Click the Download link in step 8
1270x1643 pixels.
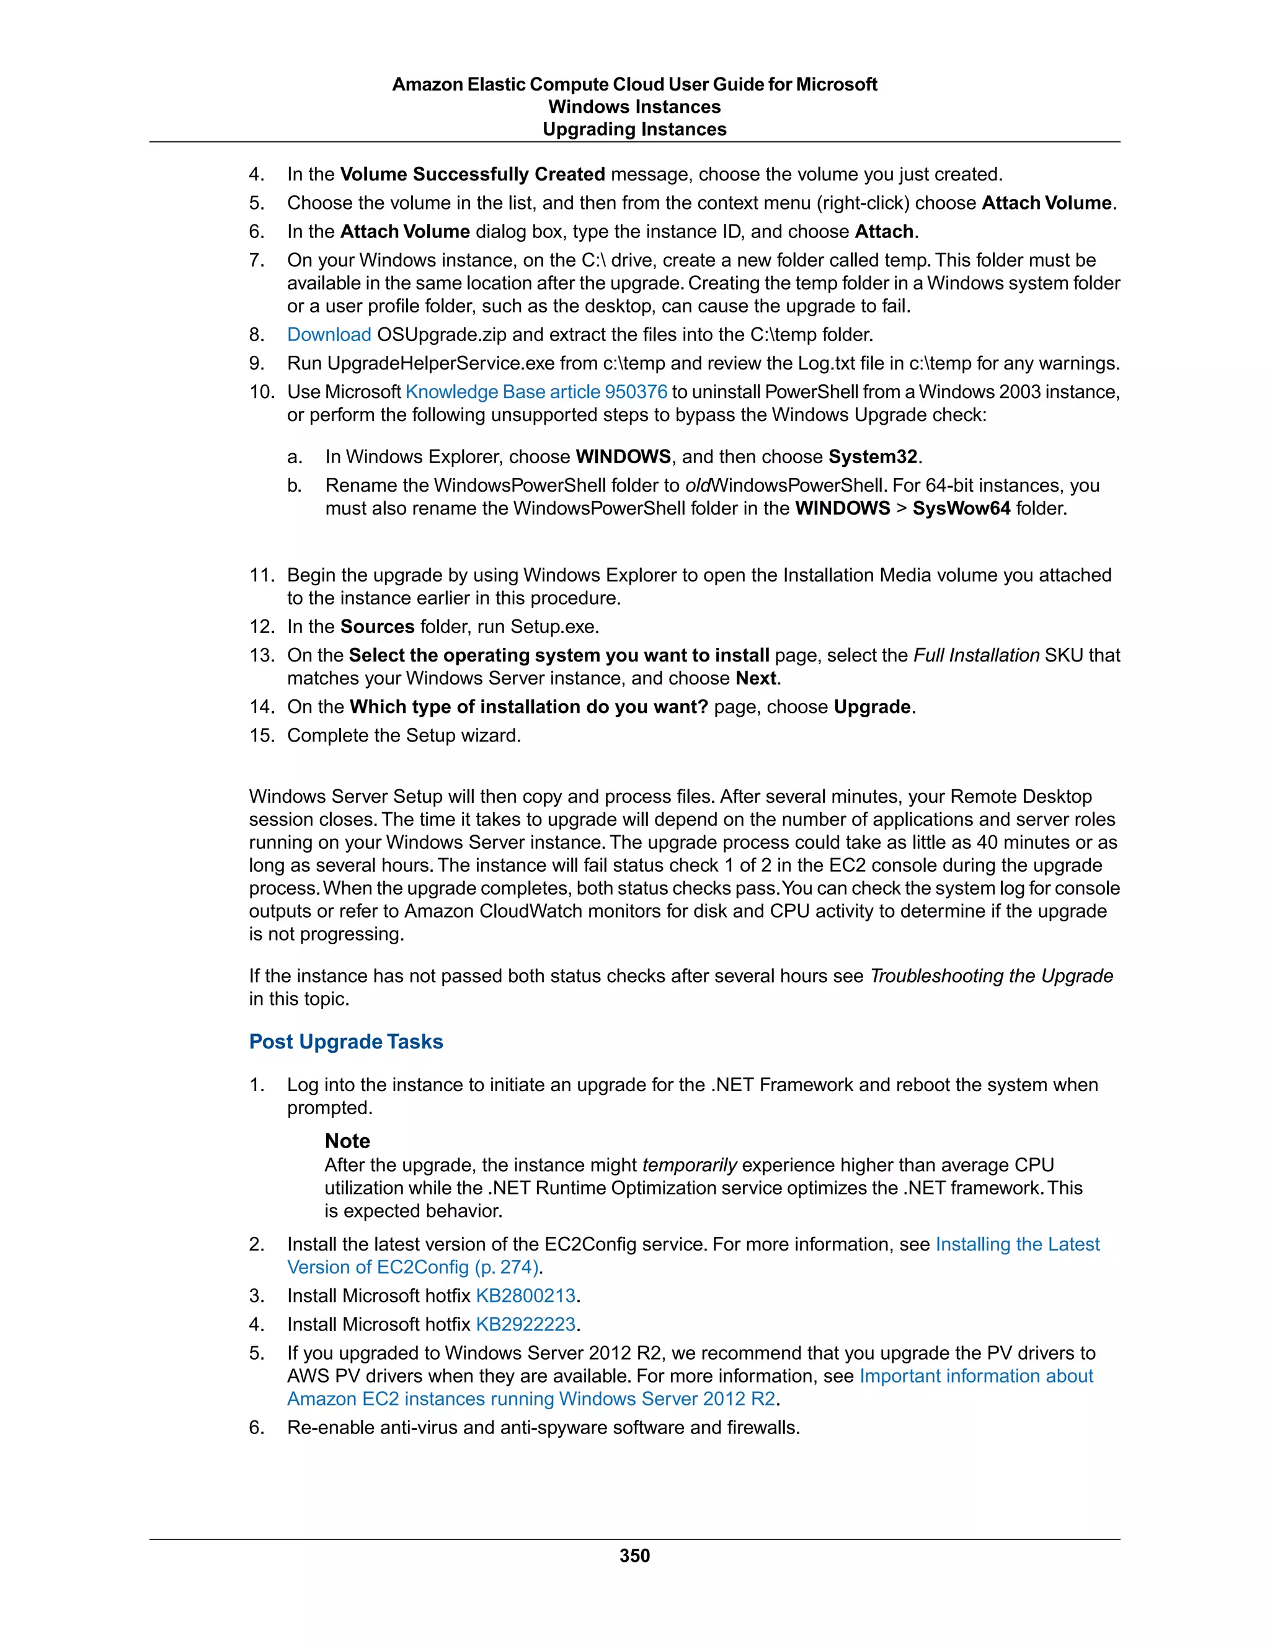(329, 335)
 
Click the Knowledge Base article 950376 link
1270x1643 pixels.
(536, 392)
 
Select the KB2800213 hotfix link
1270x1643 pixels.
(525, 1295)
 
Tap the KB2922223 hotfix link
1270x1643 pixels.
(525, 1324)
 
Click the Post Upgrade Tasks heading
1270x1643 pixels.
(346, 1042)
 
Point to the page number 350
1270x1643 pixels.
(634, 1556)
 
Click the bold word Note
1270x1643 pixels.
(347, 1141)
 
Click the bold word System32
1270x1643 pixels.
(873, 458)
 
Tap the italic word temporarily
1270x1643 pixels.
(689, 1166)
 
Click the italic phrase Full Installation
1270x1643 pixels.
(976, 655)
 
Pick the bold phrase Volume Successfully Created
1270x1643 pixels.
(473, 175)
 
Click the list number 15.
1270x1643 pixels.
(262, 736)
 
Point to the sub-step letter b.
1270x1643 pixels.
(294, 486)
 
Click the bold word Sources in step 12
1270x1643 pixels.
(377, 627)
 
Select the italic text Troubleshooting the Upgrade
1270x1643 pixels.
(991, 976)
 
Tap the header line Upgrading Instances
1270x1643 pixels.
(634, 130)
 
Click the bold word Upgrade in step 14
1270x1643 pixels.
(872, 707)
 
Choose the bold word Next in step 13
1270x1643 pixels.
(755, 678)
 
